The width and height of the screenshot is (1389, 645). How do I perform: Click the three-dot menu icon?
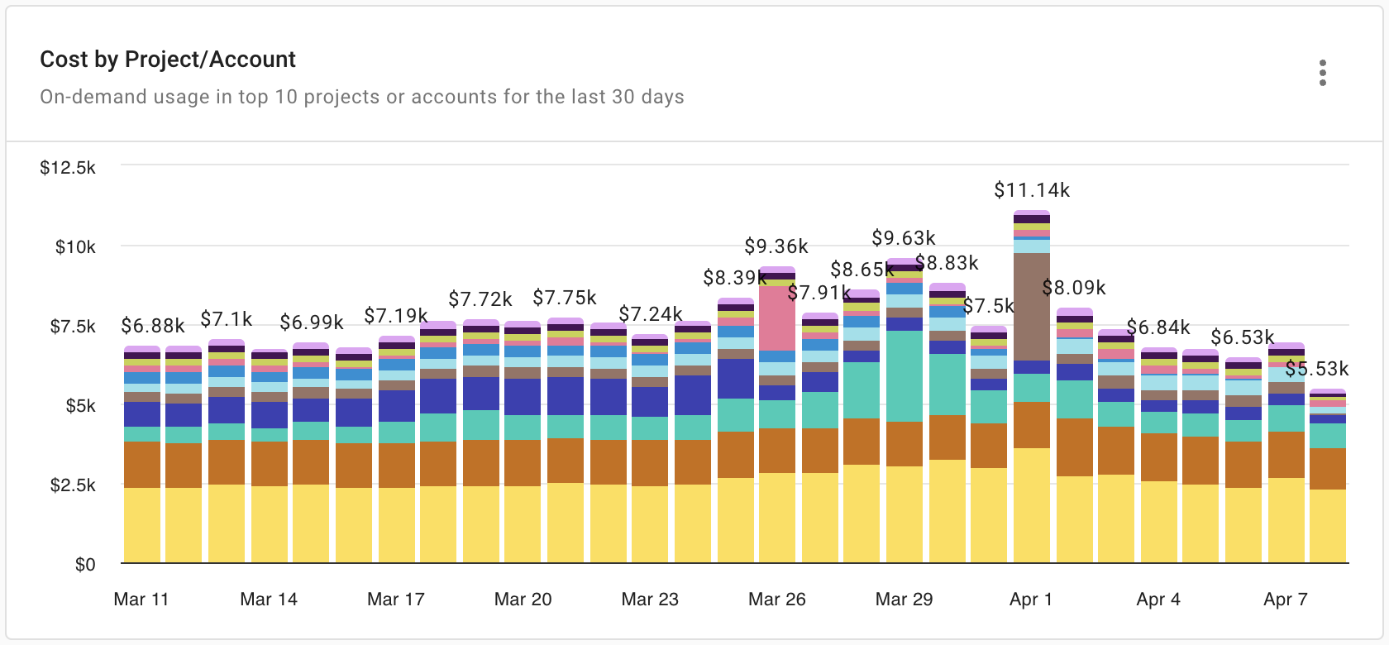1323,74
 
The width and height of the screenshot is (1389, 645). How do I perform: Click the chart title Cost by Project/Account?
168,60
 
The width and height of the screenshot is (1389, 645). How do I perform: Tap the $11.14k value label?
1031,191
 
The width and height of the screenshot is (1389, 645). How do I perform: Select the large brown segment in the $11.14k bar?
1031,306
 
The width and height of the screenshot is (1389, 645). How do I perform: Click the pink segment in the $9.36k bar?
777,318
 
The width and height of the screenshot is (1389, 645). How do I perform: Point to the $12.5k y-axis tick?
68,168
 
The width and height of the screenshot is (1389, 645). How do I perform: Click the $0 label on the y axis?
85,565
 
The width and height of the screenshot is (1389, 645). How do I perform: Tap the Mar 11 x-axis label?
141,600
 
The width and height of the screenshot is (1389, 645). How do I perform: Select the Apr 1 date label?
1031,600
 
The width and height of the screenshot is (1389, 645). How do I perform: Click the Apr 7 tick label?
1286,600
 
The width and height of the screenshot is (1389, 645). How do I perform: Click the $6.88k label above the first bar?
153,325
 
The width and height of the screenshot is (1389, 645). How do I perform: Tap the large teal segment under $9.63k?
904,376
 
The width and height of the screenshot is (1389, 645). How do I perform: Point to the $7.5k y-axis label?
73,327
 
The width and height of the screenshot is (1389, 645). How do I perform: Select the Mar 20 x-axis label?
523,600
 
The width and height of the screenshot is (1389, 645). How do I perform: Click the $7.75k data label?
565,297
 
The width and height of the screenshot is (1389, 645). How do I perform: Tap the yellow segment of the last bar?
1328,526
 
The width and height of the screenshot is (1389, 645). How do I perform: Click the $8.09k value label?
1074,288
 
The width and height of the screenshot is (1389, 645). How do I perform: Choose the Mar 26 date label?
776,600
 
